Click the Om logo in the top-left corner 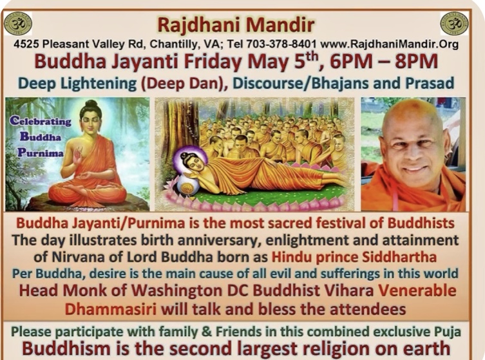(18, 23)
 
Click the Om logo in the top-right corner (454, 23)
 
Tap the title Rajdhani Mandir (236, 24)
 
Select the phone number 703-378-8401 (281, 44)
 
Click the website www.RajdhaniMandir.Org (390, 44)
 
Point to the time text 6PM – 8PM (383, 62)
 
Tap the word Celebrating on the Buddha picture (40, 121)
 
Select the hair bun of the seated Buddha (91, 103)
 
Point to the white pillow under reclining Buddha (187, 184)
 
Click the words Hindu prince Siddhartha (354, 257)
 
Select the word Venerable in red (417, 290)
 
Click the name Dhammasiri (110, 309)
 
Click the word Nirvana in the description (71, 257)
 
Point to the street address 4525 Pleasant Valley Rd (77, 44)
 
